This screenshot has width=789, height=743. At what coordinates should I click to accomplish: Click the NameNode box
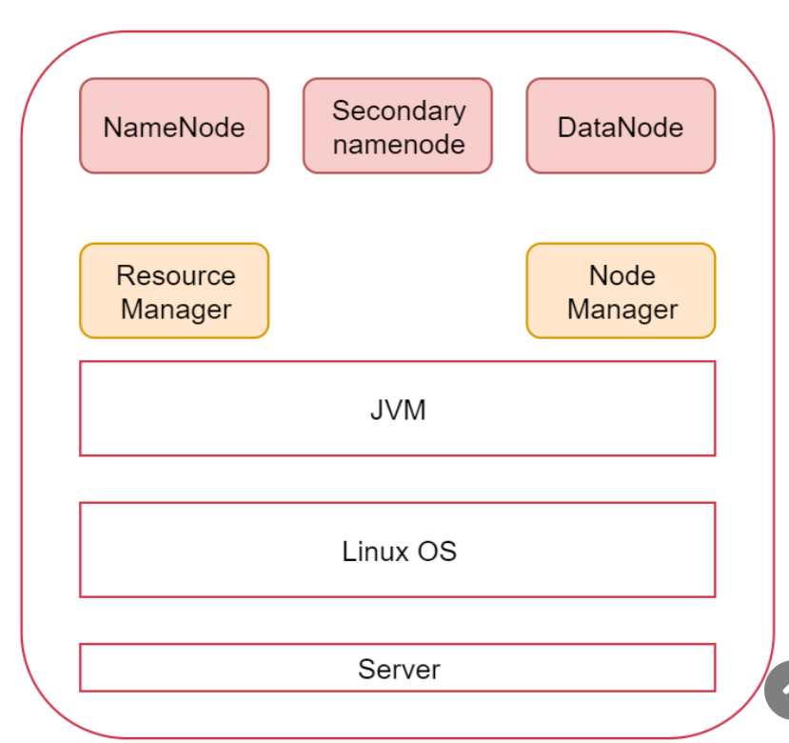pos(174,126)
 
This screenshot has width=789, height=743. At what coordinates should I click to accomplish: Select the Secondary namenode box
pos(398,126)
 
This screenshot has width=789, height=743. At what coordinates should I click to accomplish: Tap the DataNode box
pos(621,126)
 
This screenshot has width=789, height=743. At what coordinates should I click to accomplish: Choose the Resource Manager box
pos(174,291)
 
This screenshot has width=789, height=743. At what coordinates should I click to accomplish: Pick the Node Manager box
pos(621,291)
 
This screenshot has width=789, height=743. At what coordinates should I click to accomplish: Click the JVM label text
pos(398,411)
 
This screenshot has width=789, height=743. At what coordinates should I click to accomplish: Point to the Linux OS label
pos(399,551)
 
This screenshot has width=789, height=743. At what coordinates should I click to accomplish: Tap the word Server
pos(399,669)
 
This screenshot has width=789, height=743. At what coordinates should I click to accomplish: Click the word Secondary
pos(399,110)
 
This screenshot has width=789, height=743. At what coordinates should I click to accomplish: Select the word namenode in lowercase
pos(399,144)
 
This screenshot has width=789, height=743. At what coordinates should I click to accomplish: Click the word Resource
pos(176,275)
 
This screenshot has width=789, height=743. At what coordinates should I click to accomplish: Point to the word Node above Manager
pos(622,275)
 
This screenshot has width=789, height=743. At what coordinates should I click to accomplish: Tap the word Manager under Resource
pos(176,310)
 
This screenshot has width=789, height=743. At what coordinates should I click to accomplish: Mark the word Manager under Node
pos(622,310)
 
